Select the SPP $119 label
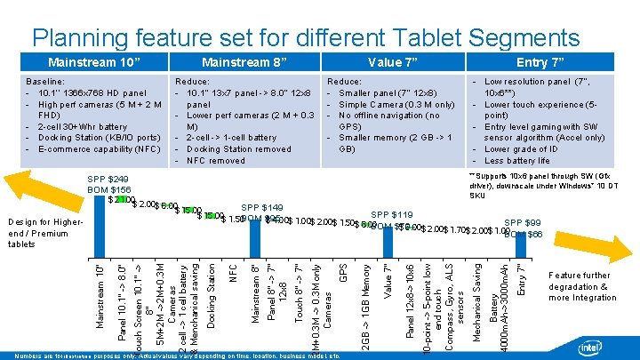coord(391,215)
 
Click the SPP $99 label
coord(523,223)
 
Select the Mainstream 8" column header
coord(237,63)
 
